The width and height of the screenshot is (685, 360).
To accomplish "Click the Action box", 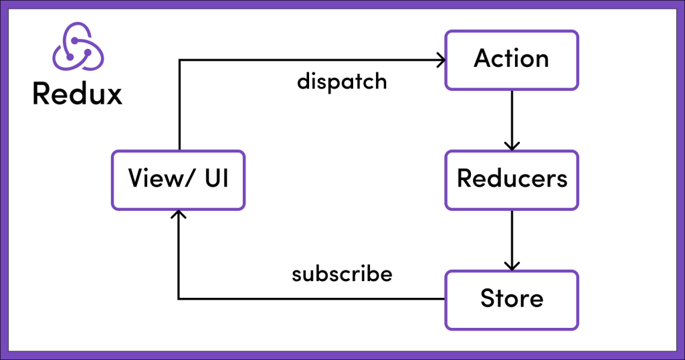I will pos(512,60).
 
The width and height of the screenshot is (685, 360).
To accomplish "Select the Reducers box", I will pos(512,179).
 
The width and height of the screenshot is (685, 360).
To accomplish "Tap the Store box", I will pos(512,299).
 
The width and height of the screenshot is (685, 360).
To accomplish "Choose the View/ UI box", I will pos(178,179).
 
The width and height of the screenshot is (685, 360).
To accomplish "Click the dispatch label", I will pos(342,82).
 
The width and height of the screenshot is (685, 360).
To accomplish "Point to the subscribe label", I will pos(342,274).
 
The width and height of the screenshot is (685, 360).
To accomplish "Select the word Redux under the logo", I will pos(77,94).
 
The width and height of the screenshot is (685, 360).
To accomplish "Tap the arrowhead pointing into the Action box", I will pos(440,60).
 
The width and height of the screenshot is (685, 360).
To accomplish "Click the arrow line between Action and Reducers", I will pos(512,117).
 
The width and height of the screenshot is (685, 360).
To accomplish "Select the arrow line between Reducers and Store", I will pos(512,238).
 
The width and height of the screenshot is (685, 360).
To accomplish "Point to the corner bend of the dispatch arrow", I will pos(179,60).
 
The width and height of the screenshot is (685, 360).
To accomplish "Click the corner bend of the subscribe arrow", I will pos(179,298).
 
